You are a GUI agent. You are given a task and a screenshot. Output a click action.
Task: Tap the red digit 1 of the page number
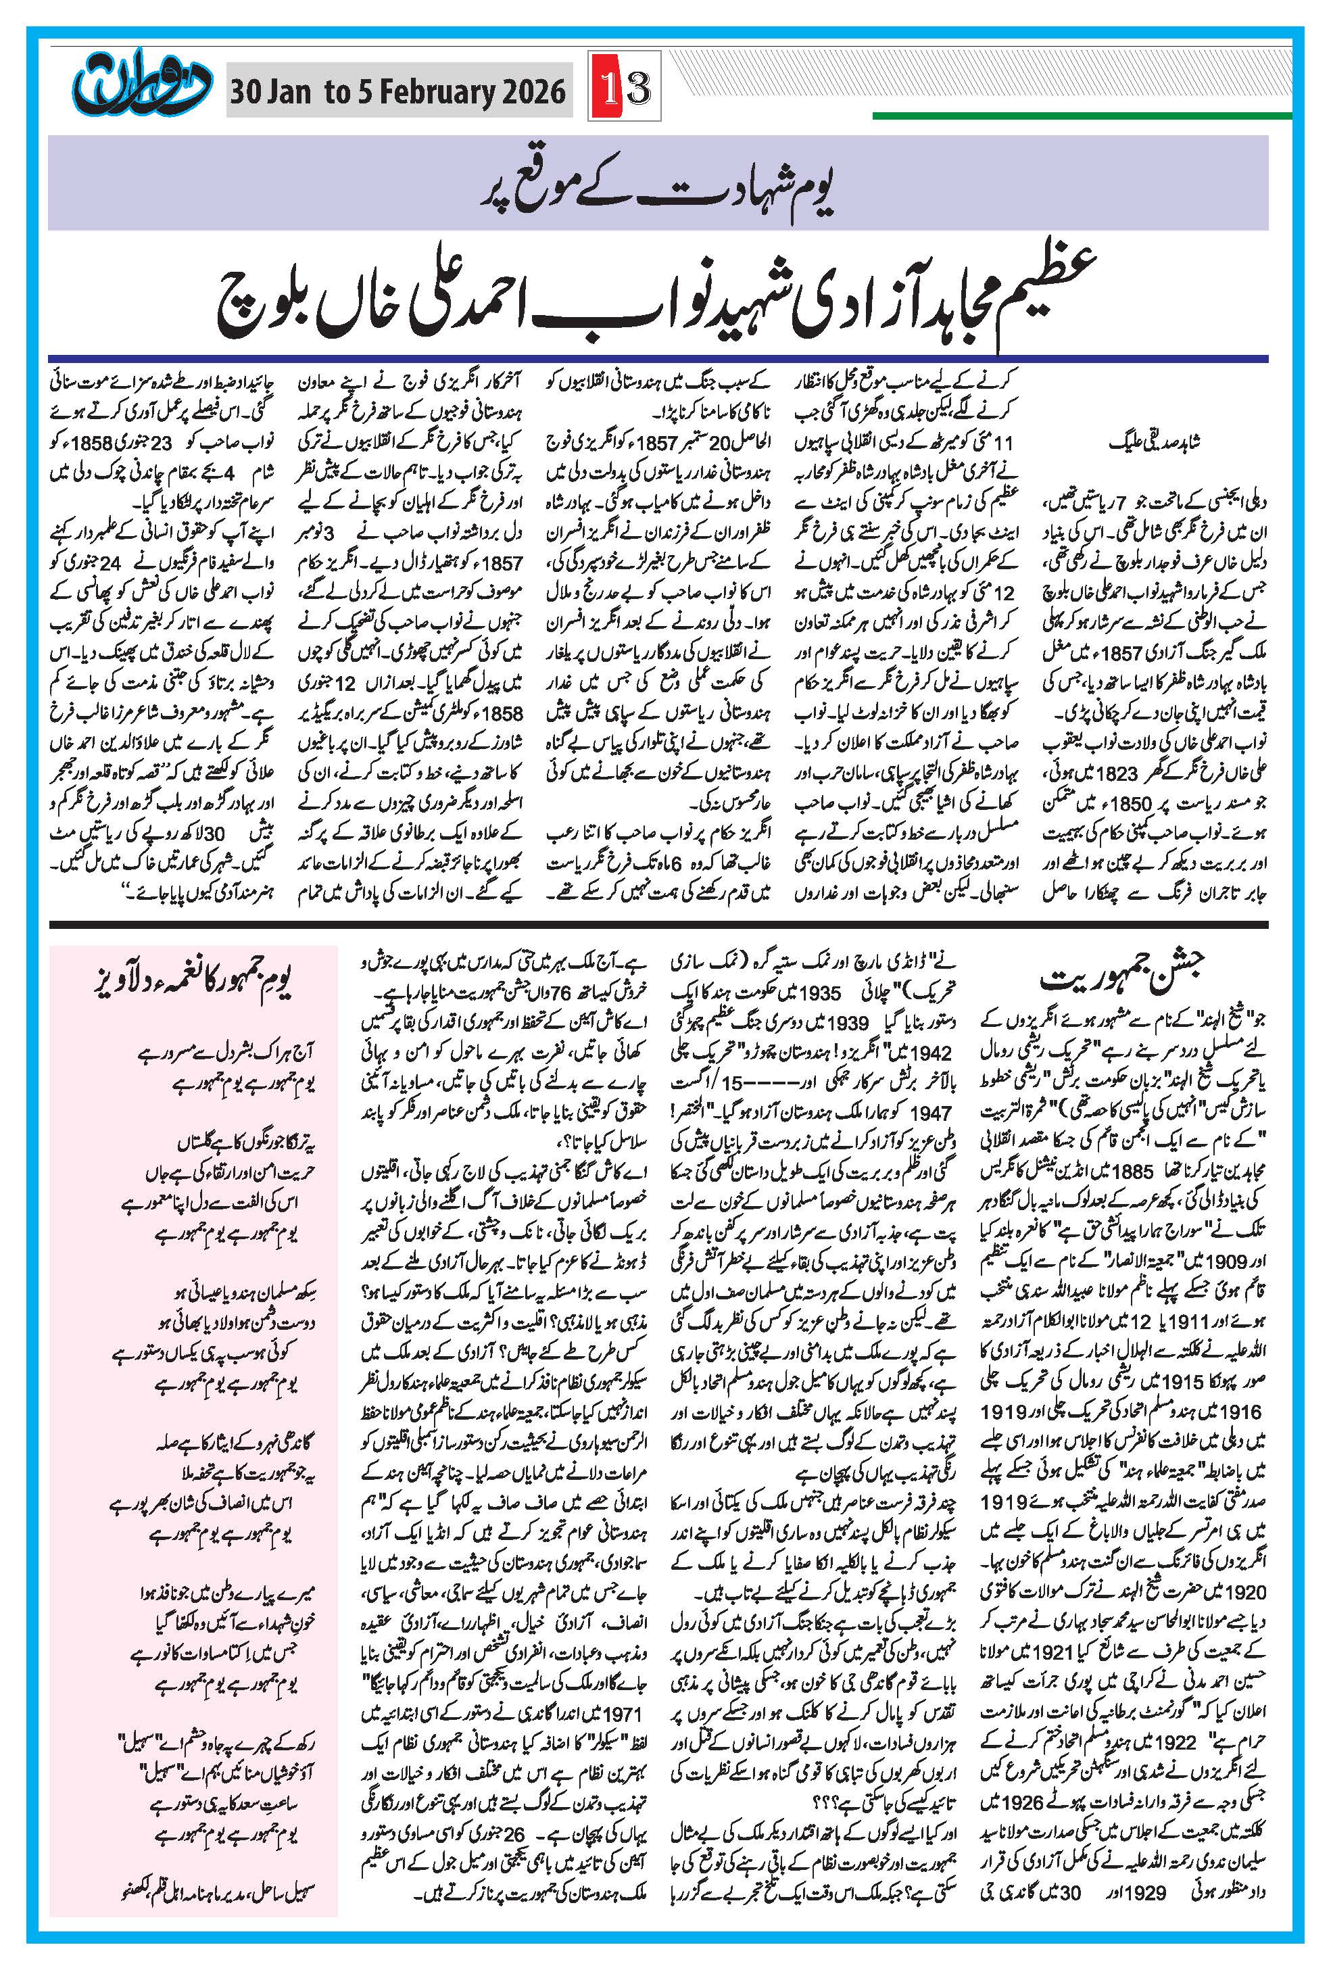608,87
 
